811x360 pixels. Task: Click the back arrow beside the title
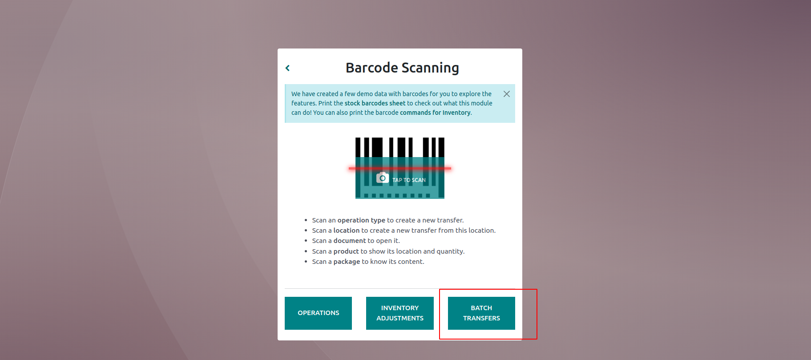click(x=287, y=68)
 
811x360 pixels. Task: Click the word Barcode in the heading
click(x=372, y=68)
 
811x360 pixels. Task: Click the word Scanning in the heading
click(x=430, y=68)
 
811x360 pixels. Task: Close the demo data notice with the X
click(x=506, y=94)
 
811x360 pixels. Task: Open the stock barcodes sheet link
click(x=375, y=103)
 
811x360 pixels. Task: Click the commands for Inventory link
click(x=435, y=113)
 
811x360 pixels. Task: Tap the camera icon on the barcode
click(x=383, y=178)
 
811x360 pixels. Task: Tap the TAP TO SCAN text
click(x=409, y=180)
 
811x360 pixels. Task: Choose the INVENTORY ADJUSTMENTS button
click(x=400, y=313)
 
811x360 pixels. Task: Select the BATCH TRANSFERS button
click(x=481, y=313)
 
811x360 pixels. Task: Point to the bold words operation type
click(x=361, y=220)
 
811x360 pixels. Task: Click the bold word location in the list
click(x=347, y=231)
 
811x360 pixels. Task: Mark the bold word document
click(x=350, y=241)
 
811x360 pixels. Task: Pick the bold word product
click(x=346, y=251)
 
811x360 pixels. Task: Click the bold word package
click(x=347, y=262)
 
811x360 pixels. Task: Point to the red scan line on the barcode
click(x=400, y=169)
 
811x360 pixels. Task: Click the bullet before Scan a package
click(x=306, y=262)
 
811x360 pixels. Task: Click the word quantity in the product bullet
click(x=450, y=251)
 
